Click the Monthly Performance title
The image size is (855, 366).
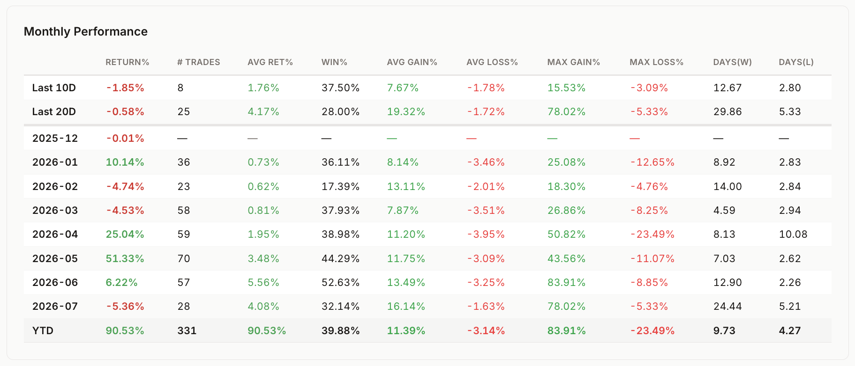pyautogui.click(x=86, y=31)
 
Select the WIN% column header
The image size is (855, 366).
pyautogui.click(x=334, y=62)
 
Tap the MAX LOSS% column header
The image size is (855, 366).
pyautogui.click(x=656, y=62)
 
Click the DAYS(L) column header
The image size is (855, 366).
pyautogui.click(x=796, y=62)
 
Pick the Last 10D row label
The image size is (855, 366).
pyautogui.click(x=54, y=88)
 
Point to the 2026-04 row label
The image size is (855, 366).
pyautogui.click(x=55, y=234)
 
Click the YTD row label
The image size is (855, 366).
pyautogui.click(x=43, y=330)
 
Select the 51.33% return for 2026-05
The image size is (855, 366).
pyautogui.click(x=125, y=258)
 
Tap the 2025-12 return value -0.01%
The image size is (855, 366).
pyautogui.click(x=125, y=138)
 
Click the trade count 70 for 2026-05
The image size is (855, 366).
pyautogui.click(x=184, y=258)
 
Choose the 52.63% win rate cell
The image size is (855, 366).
pyautogui.click(x=340, y=282)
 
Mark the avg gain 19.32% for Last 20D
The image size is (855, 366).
pyautogui.click(x=406, y=111)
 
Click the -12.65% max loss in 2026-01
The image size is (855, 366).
pyautogui.click(x=652, y=162)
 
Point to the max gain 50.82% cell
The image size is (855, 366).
pyautogui.click(x=566, y=234)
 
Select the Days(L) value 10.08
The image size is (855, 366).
pyautogui.click(x=793, y=234)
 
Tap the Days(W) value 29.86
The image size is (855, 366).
pyautogui.click(x=727, y=111)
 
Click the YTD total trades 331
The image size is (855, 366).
pyautogui.click(x=187, y=330)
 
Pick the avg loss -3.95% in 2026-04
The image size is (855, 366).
pyautogui.click(x=486, y=234)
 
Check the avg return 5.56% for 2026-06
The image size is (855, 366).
pyautogui.click(x=263, y=282)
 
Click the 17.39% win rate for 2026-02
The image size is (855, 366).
pyautogui.click(x=340, y=186)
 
